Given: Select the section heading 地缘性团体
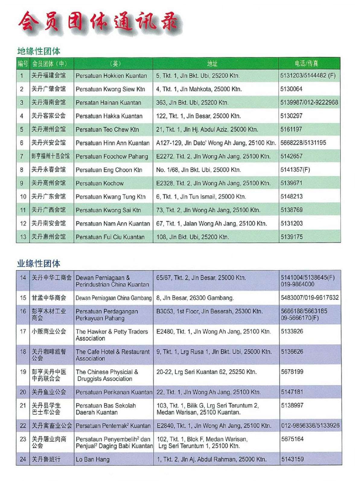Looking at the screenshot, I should pyautogui.click(x=39, y=51).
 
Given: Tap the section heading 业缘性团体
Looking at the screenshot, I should pyautogui.click(x=39, y=264).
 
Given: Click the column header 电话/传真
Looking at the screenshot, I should pyautogui.click(x=306, y=64).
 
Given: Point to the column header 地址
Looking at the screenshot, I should pyautogui.click(x=212, y=64).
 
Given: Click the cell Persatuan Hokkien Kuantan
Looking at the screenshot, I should pyautogui.click(x=111, y=76).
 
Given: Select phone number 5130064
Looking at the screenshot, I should pyautogui.click(x=291, y=89).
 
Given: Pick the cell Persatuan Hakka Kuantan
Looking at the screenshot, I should pyautogui.click(x=109, y=116).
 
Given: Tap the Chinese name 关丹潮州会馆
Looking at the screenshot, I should pyautogui.click(x=49, y=129).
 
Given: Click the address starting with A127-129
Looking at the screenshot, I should pyautogui.click(x=216, y=143).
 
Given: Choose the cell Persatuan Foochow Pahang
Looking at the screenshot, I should pyautogui.click(x=112, y=156).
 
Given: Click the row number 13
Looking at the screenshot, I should pyautogui.click(x=23, y=237).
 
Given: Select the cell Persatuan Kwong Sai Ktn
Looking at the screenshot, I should pyautogui.click(x=108, y=210).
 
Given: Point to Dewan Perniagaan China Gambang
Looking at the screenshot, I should pyautogui.click(x=113, y=298).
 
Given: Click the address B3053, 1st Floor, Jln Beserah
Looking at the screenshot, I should pyautogui.click(x=209, y=311).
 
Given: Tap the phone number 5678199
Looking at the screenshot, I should pyautogui.click(x=292, y=372).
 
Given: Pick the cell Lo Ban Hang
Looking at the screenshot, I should pyautogui.click(x=92, y=459).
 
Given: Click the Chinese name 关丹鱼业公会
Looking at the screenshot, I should pyautogui.click(x=49, y=392).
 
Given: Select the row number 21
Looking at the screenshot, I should pyautogui.click(x=23, y=406).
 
